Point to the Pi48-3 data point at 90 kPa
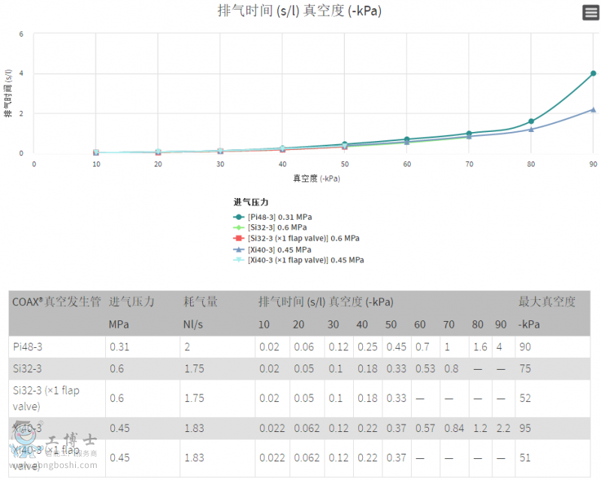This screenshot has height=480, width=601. (593, 73)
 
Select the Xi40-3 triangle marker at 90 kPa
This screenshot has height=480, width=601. (593, 109)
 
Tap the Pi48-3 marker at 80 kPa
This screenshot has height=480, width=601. (531, 121)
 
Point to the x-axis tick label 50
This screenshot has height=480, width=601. (345, 164)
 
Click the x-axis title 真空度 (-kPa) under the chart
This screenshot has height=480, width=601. (315, 178)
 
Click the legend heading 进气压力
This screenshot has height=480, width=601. (251, 202)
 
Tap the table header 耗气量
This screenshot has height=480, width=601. (201, 301)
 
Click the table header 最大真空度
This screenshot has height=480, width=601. (547, 301)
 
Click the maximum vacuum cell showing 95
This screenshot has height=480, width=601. (525, 427)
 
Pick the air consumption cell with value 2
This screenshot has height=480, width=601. (187, 346)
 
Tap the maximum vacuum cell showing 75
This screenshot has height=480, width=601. (525, 368)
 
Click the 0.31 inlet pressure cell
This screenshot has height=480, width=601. (120, 346)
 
